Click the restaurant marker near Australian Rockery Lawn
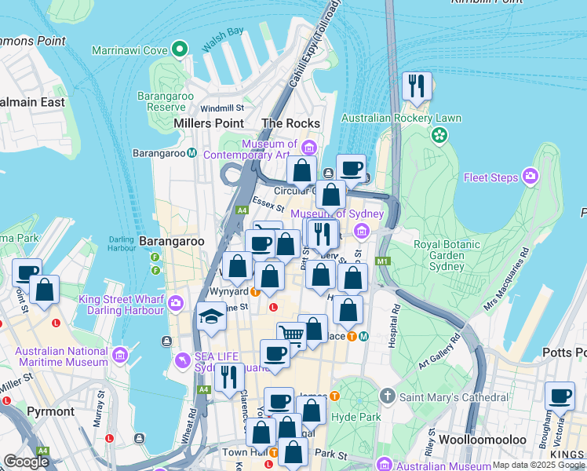pos(417,86)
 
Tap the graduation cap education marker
pos(210,317)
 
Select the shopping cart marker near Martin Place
pos(291,337)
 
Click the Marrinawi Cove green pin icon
pos(180,49)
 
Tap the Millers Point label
pos(208,123)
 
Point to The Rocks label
pos(290,123)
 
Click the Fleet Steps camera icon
pos(531,177)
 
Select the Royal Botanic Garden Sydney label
pos(447,254)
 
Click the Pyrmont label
pos(50,411)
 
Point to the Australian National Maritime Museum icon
pos(120,356)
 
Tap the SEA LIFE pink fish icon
pos(183,360)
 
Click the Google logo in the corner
pos(26,461)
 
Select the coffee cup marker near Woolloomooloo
pos(560,397)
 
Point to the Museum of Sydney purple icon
pos(361,231)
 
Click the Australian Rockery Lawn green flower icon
pos(439,135)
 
